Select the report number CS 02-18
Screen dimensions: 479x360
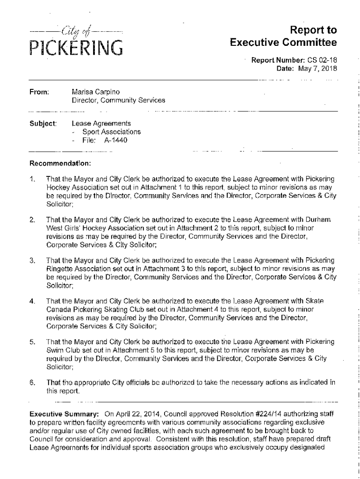point(322,60)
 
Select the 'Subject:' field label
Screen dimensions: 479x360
point(43,124)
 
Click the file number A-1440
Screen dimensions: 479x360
point(116,140)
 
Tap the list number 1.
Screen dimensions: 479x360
point(32,179)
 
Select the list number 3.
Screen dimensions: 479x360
point(32,260)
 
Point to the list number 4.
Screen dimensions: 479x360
point(32,300)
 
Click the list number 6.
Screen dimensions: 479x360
point(32,382)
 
